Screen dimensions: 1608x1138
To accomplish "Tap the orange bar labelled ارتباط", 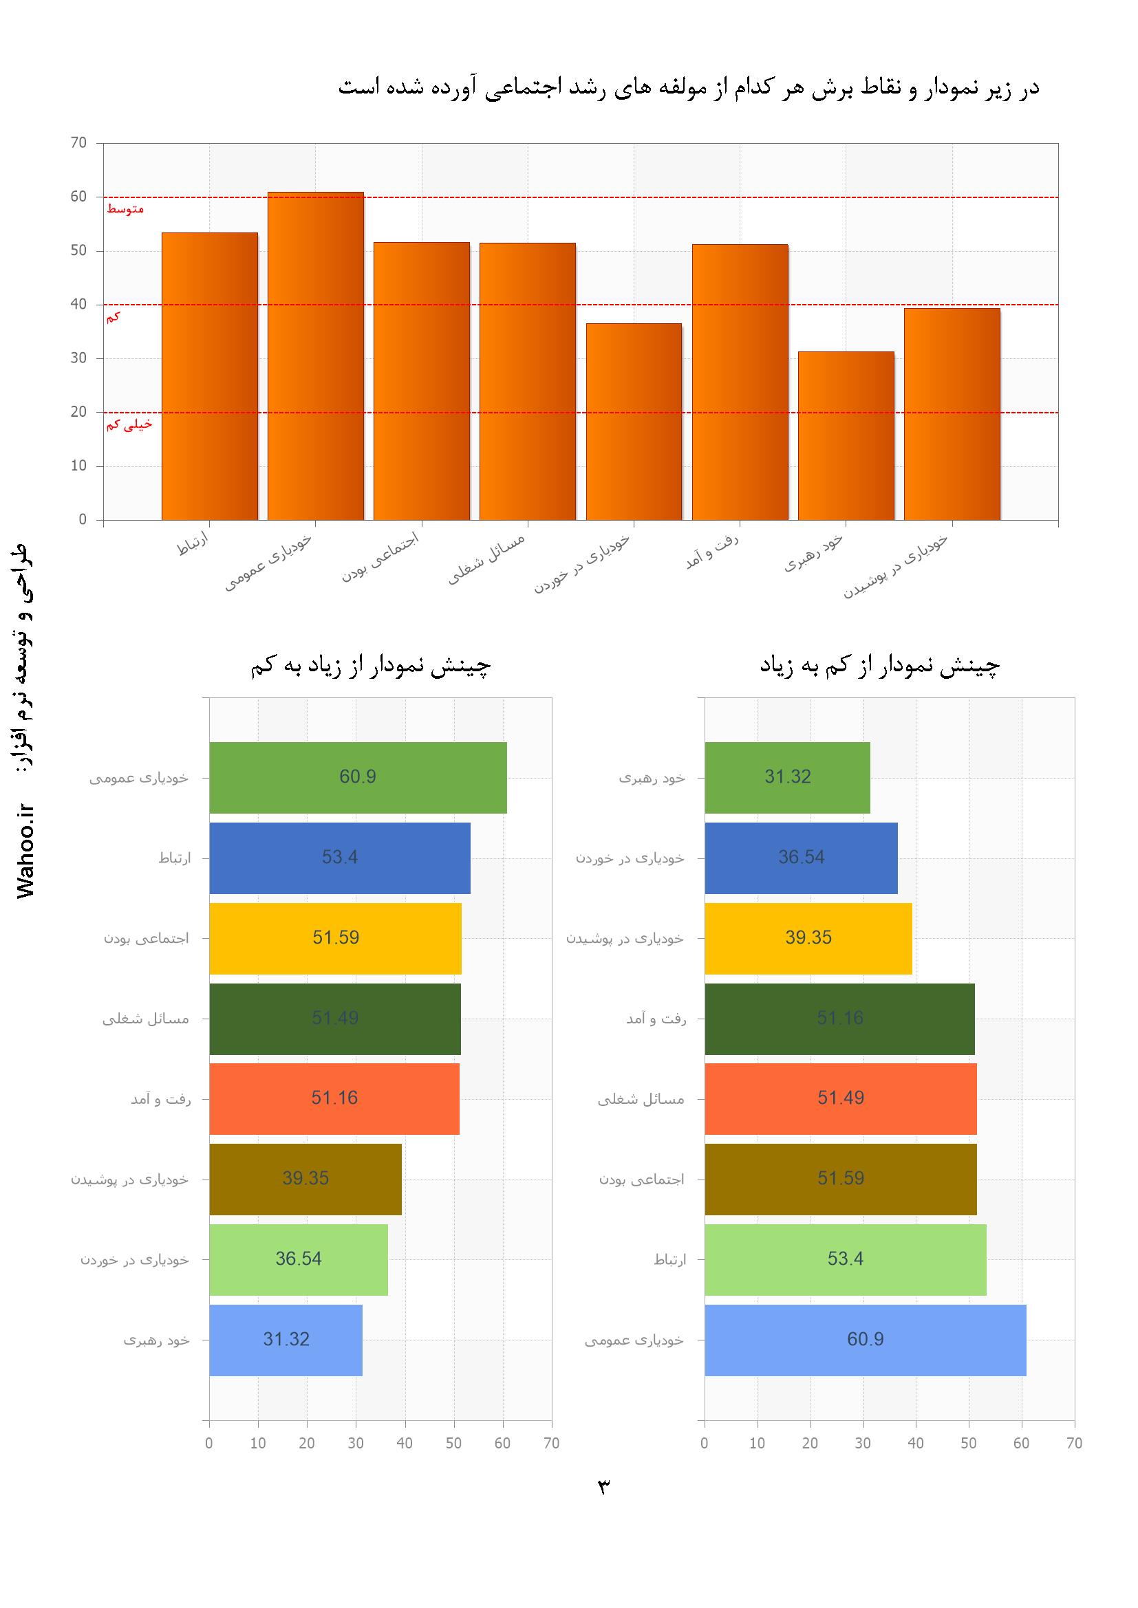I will point(210,376).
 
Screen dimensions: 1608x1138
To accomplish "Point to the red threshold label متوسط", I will point(125,208).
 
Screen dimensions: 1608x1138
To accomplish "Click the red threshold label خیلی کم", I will point(129,424).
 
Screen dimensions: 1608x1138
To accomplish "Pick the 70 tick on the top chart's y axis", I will point(78,143).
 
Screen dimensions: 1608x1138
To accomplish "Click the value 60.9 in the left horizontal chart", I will point(357,776).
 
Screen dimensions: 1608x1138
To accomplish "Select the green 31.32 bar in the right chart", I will point(787,777).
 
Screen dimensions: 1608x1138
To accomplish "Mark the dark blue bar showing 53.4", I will point(340,857).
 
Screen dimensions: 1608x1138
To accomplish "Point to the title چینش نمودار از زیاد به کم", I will point(371,666).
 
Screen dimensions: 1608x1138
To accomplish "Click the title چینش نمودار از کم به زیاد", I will point(879,666).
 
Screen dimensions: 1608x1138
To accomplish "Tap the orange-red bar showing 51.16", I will point(334,1098).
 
